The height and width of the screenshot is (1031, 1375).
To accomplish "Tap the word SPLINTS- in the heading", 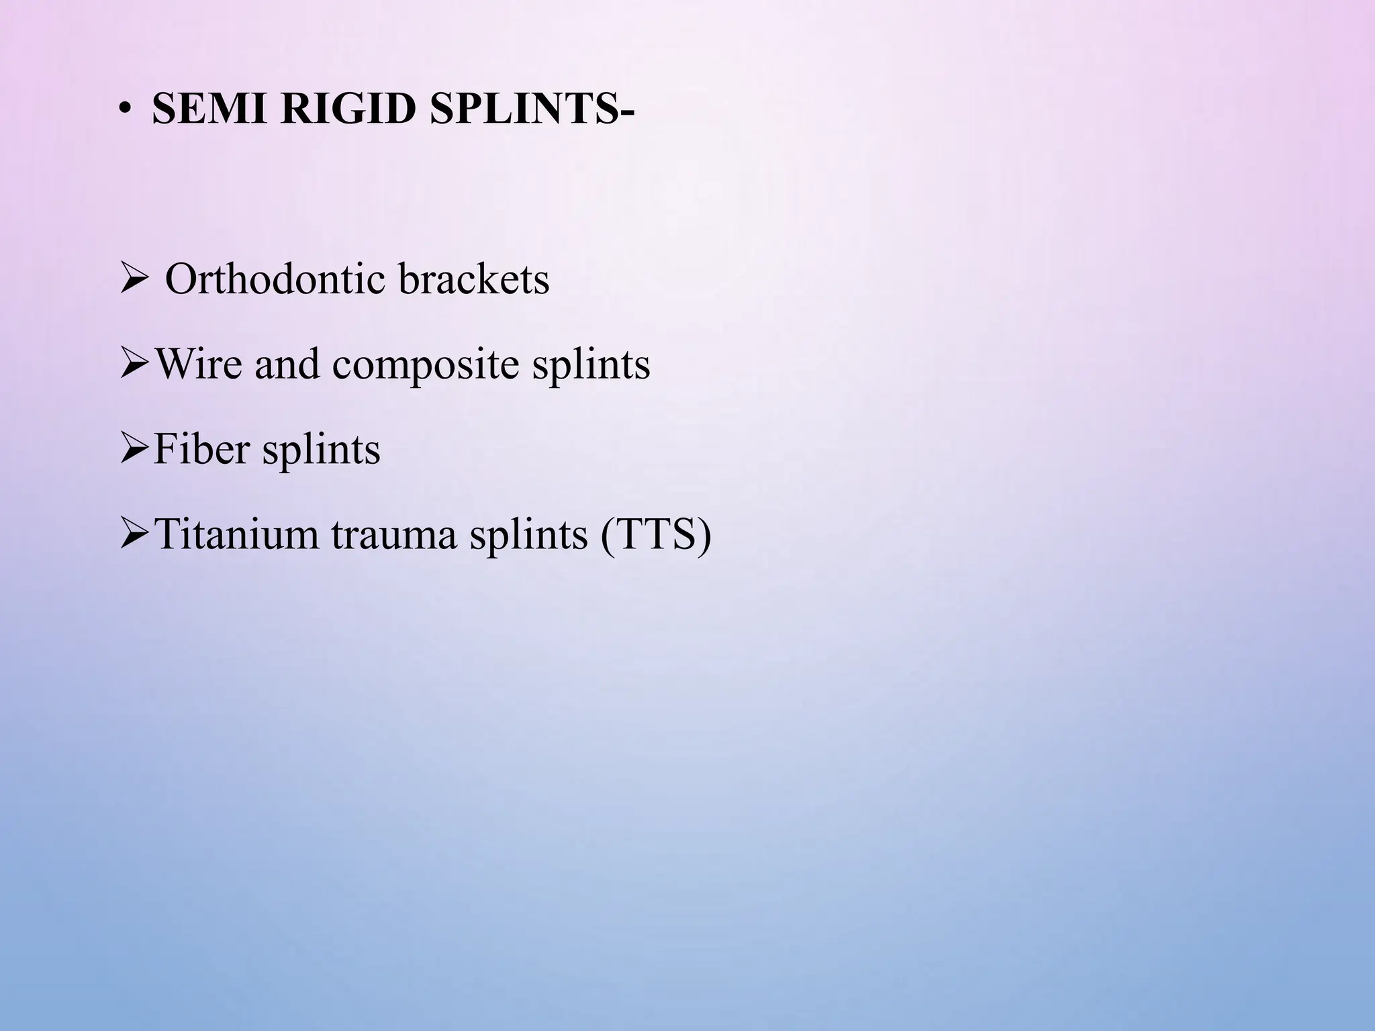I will [531, 108].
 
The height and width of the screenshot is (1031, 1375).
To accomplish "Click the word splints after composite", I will [591, 364].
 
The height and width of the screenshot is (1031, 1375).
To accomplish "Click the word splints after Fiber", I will [321, 450].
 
